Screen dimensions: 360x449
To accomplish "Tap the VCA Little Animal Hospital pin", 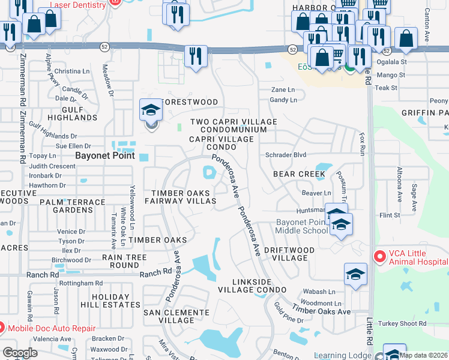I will [379, 257].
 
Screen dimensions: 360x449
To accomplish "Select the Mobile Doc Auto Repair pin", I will [2, 328].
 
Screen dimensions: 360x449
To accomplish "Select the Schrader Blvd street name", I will [286, 155].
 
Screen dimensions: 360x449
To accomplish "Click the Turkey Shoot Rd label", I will [406, 323].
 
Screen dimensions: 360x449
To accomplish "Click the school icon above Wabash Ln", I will [355, 275].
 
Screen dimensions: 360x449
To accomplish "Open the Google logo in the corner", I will [20, 353].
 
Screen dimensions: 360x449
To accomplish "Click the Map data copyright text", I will [423, 355].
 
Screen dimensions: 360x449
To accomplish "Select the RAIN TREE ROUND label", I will [120, 261].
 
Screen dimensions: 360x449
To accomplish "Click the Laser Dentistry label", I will [78, 5].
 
